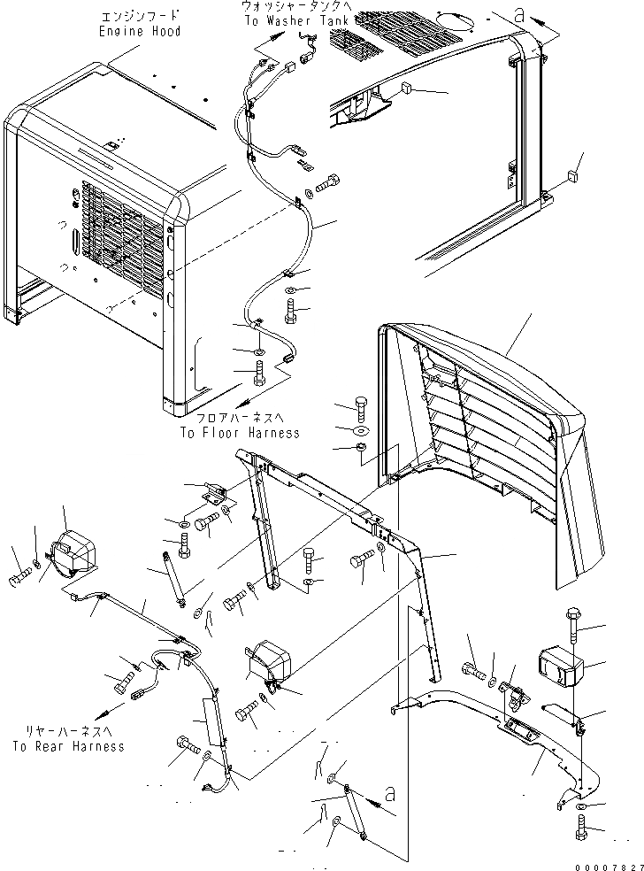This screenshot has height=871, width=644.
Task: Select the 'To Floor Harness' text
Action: (x=240, y=433)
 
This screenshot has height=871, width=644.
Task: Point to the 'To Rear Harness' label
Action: (x=67, y=746)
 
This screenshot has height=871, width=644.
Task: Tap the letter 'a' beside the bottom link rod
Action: (x=391, y=793)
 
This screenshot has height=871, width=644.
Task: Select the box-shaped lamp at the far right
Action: (x=563, y=664)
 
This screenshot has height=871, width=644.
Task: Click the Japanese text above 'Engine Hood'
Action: (x=141, y=16)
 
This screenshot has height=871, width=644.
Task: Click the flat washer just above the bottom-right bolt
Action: (x=578, y=808)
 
